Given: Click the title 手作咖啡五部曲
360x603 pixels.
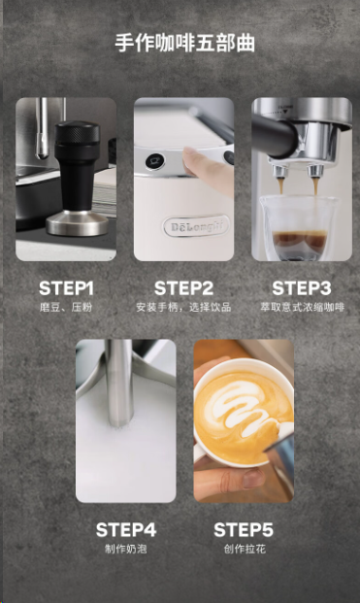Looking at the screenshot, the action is coord(184,43).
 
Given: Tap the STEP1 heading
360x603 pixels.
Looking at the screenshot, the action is coord(66,288).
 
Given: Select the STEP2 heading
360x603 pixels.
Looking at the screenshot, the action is coord(183,288).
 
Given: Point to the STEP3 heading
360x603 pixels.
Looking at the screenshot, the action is coord(302,288).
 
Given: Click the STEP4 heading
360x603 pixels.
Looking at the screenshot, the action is coord(126,529).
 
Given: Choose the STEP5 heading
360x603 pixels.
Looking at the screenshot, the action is coord(244,529).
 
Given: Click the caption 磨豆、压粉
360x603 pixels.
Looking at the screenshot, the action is coord(66,307).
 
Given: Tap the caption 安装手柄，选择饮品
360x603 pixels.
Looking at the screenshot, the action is coord(183,307).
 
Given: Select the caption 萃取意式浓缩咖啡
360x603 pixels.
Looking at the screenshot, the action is coord(302,307).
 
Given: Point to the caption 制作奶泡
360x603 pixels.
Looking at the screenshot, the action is coord(126,549).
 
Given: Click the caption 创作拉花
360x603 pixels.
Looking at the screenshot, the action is coord(245,549).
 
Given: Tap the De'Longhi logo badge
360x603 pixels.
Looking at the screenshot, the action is coord(196,226).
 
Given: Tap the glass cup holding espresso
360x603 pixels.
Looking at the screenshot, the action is coord(300,228).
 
